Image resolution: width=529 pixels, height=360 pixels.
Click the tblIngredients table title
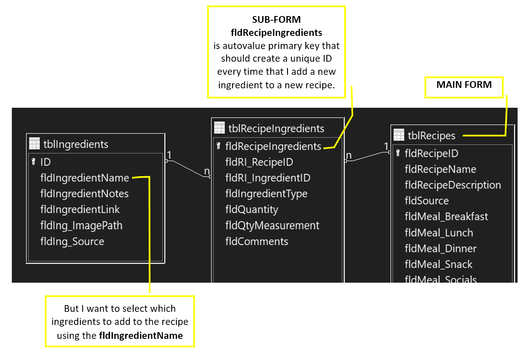[x=76, y=144]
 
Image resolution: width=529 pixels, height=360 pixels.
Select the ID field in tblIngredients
[x=45, y=162]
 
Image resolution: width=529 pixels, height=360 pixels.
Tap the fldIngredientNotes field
[x=84, y=194]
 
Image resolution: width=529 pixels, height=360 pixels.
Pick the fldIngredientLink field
[x=80, y=210]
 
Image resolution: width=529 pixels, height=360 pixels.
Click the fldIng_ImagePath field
[x=81, y=226]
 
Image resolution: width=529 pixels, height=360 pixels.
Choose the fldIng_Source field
[x=72, y=242]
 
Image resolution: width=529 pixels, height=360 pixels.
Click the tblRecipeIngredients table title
[x=276, y=128]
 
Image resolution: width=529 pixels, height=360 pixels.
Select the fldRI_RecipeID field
[x=259, y=162]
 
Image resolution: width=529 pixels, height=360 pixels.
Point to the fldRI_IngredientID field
[x=268, y=178]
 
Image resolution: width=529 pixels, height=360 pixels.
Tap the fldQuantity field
[x=252, y=210]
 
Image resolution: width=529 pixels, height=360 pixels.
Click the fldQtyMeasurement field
[x=272, y=226]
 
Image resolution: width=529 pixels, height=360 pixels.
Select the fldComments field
[x=257, y=241]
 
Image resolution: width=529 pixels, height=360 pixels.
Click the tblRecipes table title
[x=431, y=136]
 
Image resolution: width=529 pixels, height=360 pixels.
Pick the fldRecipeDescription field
[x=453, y=185]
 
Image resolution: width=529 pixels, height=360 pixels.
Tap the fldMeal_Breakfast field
[x=447, y=217]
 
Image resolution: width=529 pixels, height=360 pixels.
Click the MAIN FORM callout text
[x=464, y=85]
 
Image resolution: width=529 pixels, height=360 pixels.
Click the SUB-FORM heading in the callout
[x=276, y=19]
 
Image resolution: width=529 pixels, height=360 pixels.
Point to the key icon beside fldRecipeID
[x=398, y=153]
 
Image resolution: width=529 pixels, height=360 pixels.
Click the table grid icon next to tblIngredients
[x=35, y=144]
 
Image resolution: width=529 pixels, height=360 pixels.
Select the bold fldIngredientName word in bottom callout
[x=141, y=335]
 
